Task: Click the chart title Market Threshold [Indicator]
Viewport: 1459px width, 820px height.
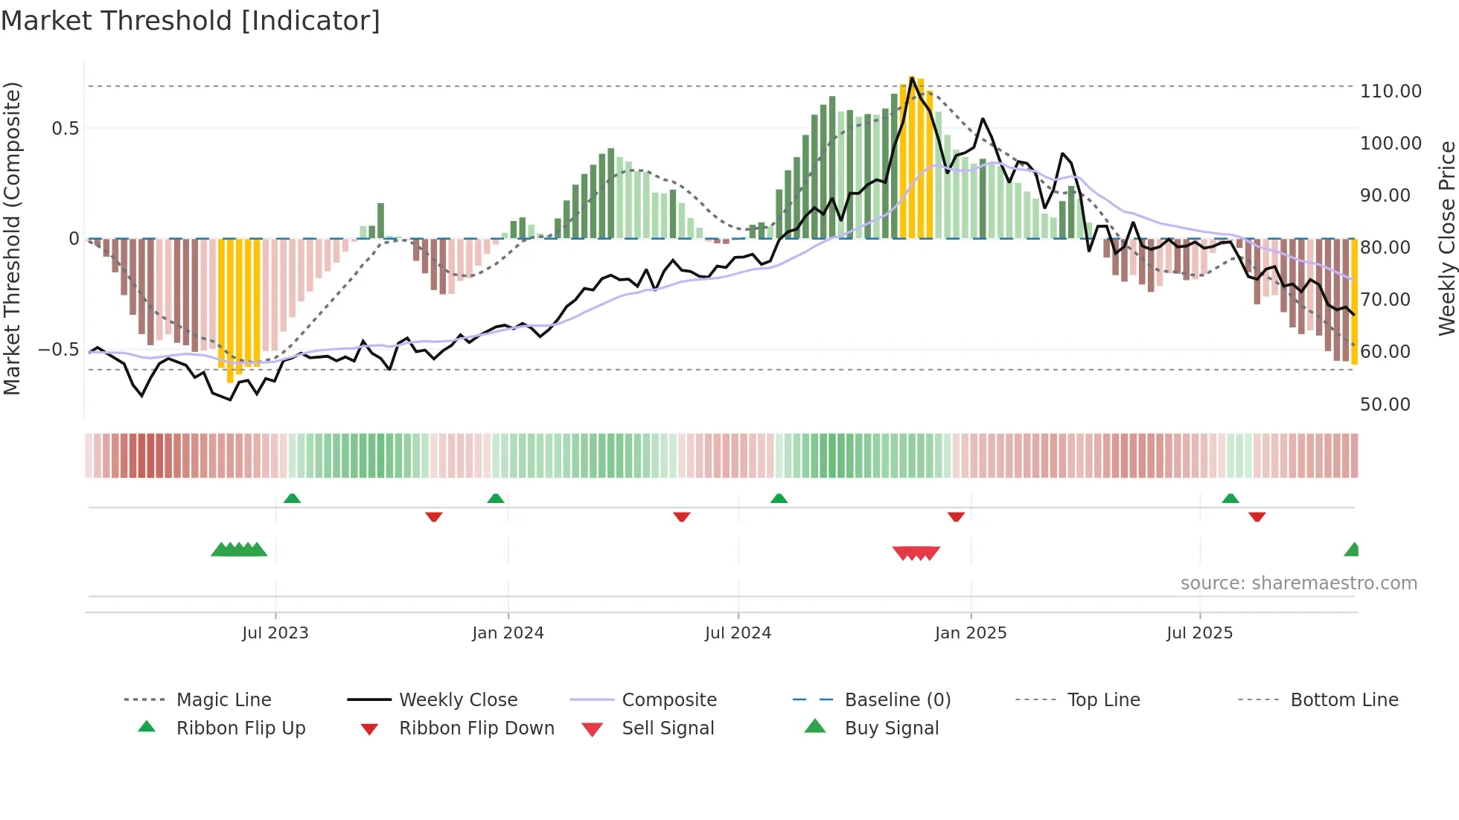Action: pyautogui.click(x=191, y=21)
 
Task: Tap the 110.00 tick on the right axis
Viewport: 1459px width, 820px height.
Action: pyautogui.click(x=1390, y=92)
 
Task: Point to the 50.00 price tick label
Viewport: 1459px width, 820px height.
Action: pyautogui.click(x=1385, y=405)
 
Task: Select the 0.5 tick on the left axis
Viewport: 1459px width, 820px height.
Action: pyautogui.click(x=66, y=129)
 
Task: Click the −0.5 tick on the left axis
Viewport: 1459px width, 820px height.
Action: pyautogui.click(x=59, y=350)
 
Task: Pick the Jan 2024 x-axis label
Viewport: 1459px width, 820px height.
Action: pyautogui.click(x=508, y=633)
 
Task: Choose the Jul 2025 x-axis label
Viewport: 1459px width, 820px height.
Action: pyautogui.click(x=1199, y=633)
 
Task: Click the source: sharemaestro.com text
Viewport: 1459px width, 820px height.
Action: pyautogui.click(x=1298, y=583)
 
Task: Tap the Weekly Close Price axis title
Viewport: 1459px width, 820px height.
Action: pyautogui.click(x=1446, y=238)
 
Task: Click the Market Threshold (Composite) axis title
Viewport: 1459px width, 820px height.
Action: pyautogui.click(x=12, y=238)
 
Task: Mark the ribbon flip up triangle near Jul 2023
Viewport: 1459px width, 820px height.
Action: pyautogui.click(x=293, y=499)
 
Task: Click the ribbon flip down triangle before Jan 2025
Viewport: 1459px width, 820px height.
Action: pyautogui.click(x=956, y=516)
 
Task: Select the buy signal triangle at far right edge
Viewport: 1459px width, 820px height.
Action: pyautogui.click(x=1353, y=550)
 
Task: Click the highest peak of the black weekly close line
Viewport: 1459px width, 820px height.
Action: pyautogui.click(x=912, y=78)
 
